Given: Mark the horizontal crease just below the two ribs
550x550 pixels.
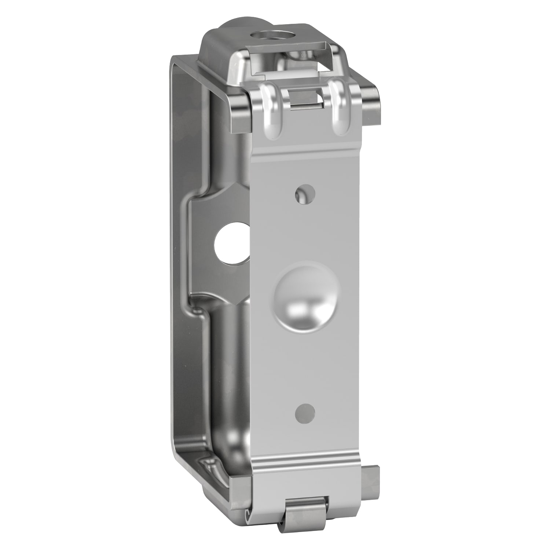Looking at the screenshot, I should tap(306, 150).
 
